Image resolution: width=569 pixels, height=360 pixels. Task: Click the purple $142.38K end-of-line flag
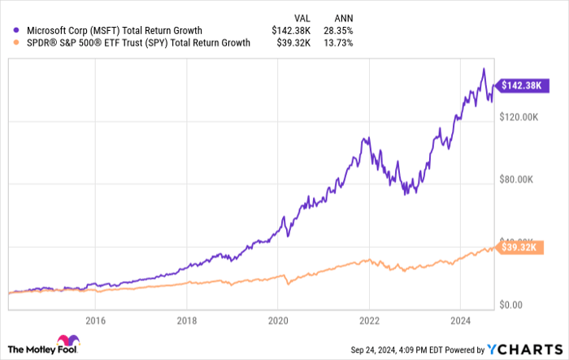523,85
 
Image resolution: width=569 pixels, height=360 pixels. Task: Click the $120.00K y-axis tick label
521,117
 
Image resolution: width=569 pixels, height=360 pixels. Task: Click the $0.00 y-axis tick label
515,305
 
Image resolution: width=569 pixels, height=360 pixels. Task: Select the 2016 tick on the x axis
96,320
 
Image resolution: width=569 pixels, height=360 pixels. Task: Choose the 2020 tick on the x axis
278,320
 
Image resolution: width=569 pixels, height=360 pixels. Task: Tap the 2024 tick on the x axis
459,320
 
